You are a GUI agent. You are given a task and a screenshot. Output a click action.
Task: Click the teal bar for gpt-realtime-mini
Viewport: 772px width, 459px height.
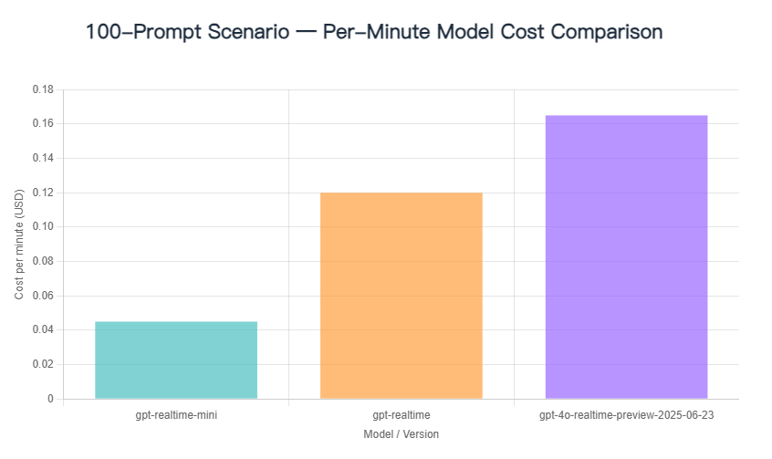(176, 360)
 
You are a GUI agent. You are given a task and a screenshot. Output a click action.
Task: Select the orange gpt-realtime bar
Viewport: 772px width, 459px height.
(401, 296)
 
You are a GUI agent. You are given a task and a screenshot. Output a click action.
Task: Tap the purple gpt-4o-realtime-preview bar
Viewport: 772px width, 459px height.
(626, 256)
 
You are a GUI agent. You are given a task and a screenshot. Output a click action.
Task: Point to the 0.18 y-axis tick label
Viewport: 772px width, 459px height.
(43, 89)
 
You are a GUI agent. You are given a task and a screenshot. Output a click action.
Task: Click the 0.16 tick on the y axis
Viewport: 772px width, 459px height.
(43, 123)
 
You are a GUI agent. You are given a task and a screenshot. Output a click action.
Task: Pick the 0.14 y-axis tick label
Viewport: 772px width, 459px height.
(43, 158)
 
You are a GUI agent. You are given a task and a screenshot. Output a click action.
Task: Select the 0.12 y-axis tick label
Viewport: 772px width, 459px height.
(43, 193)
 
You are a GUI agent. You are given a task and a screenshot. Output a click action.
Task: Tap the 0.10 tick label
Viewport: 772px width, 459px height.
(43, 226)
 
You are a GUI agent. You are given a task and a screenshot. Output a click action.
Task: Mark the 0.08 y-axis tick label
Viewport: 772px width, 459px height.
(43, 261)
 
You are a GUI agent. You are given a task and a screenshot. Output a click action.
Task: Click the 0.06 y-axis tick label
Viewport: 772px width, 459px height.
(43, 296)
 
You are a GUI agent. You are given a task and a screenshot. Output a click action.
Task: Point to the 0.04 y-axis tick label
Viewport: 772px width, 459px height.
(43, 329)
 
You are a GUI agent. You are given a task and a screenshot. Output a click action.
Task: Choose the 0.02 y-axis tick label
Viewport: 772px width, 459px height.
(43, 364)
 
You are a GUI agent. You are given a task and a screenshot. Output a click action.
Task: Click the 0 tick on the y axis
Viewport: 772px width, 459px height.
(50, 399)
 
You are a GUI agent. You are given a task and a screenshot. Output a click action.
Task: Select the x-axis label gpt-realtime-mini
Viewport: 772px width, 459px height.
(176, 415)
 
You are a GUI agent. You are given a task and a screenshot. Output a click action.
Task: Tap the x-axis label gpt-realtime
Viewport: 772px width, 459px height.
(402, 415)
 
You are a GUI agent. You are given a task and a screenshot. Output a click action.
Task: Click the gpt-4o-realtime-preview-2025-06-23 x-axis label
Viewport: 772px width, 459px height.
(626, 415)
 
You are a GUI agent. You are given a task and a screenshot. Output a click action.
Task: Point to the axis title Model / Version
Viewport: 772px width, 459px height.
(401, 434)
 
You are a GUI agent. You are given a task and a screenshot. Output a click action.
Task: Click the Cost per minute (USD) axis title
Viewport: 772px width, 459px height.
(20, 245)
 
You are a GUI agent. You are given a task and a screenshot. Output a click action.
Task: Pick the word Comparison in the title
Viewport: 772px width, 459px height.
(604, 32)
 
